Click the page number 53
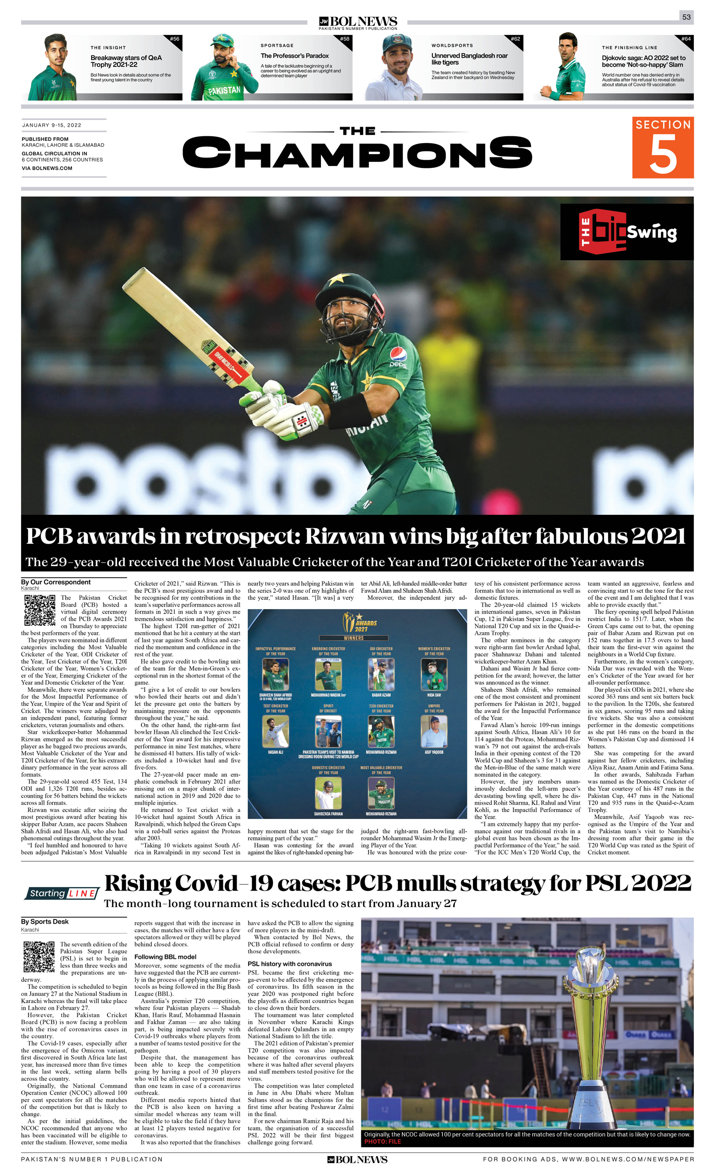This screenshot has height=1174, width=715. pos(686,17)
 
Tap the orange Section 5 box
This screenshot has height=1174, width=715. pos(663,147)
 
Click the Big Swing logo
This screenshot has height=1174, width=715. pos(626,232)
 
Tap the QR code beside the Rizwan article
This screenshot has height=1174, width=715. pos(39,610)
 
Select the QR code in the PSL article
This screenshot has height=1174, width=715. pos(39,956)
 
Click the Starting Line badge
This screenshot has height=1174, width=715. pos(62,893)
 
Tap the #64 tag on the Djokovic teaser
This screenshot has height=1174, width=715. pos(686,39)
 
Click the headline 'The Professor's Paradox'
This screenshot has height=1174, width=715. pos(294,56)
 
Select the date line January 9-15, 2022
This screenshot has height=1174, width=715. pos(51,125)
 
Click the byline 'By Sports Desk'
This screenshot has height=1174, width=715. pos(45,922)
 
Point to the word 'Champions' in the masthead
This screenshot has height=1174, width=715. pos(357,152)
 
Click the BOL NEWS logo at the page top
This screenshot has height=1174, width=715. pos(358,22)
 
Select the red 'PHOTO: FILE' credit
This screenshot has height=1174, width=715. pos(382,1141)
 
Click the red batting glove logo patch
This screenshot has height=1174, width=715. pos(301,420)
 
